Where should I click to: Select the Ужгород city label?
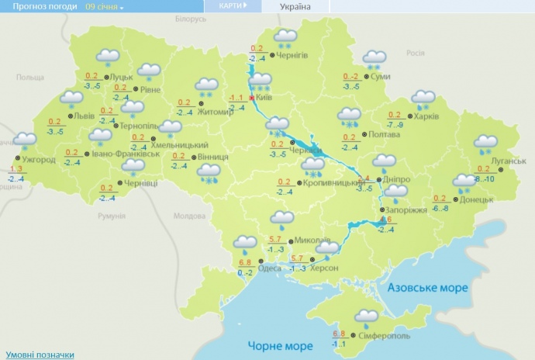pos(39,160)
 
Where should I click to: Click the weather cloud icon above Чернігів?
pos(285,37)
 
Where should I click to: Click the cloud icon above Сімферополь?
pos(366,317)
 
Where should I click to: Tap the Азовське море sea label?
pos(427,288)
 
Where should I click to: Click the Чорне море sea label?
pos(274,345)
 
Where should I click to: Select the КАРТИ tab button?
pos(231,6)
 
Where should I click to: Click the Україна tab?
pos(295,7)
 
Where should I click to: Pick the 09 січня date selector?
pos(104,7)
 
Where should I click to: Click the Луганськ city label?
pos(509,161)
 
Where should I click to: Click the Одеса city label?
pos(269,268)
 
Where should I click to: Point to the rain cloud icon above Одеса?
pos(245,245)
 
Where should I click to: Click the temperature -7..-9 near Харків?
pos(395,125)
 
